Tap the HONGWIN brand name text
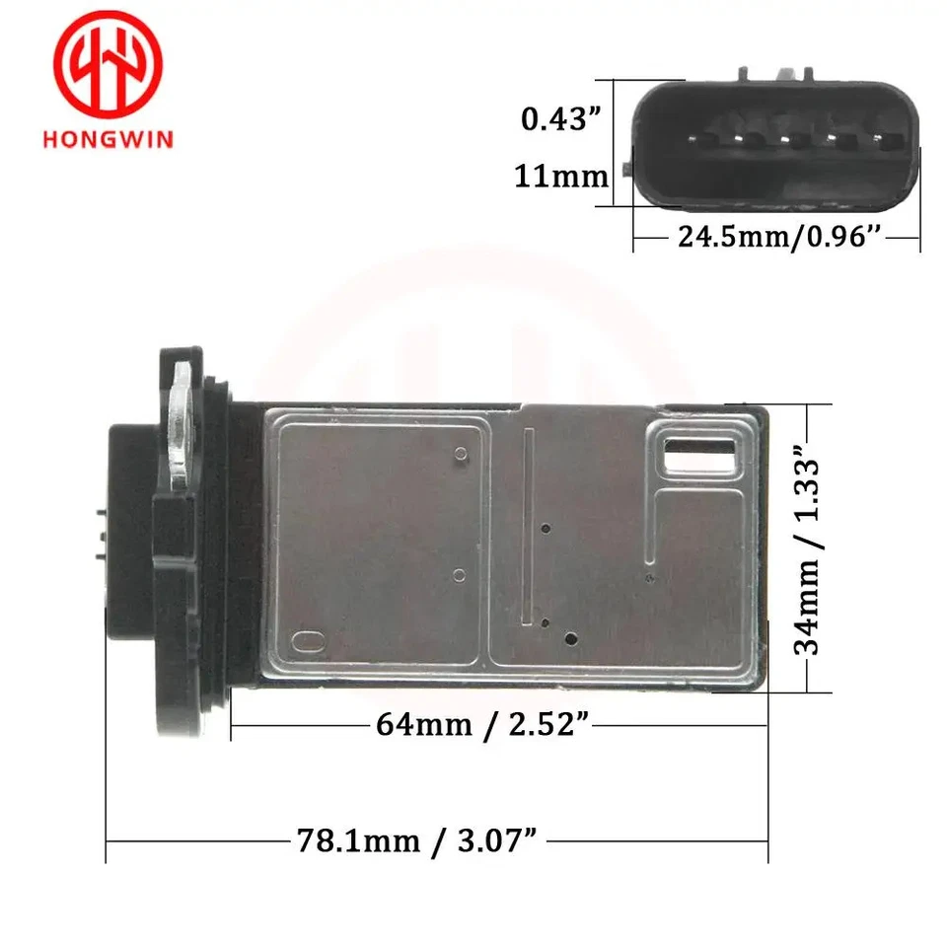pos(108,138)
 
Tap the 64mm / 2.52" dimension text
pos(482,724)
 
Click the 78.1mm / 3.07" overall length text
pos(418,841)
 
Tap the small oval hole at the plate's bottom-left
pos(306,642)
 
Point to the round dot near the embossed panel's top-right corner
pos(461,454)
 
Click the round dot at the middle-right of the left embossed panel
pos(458,575)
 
